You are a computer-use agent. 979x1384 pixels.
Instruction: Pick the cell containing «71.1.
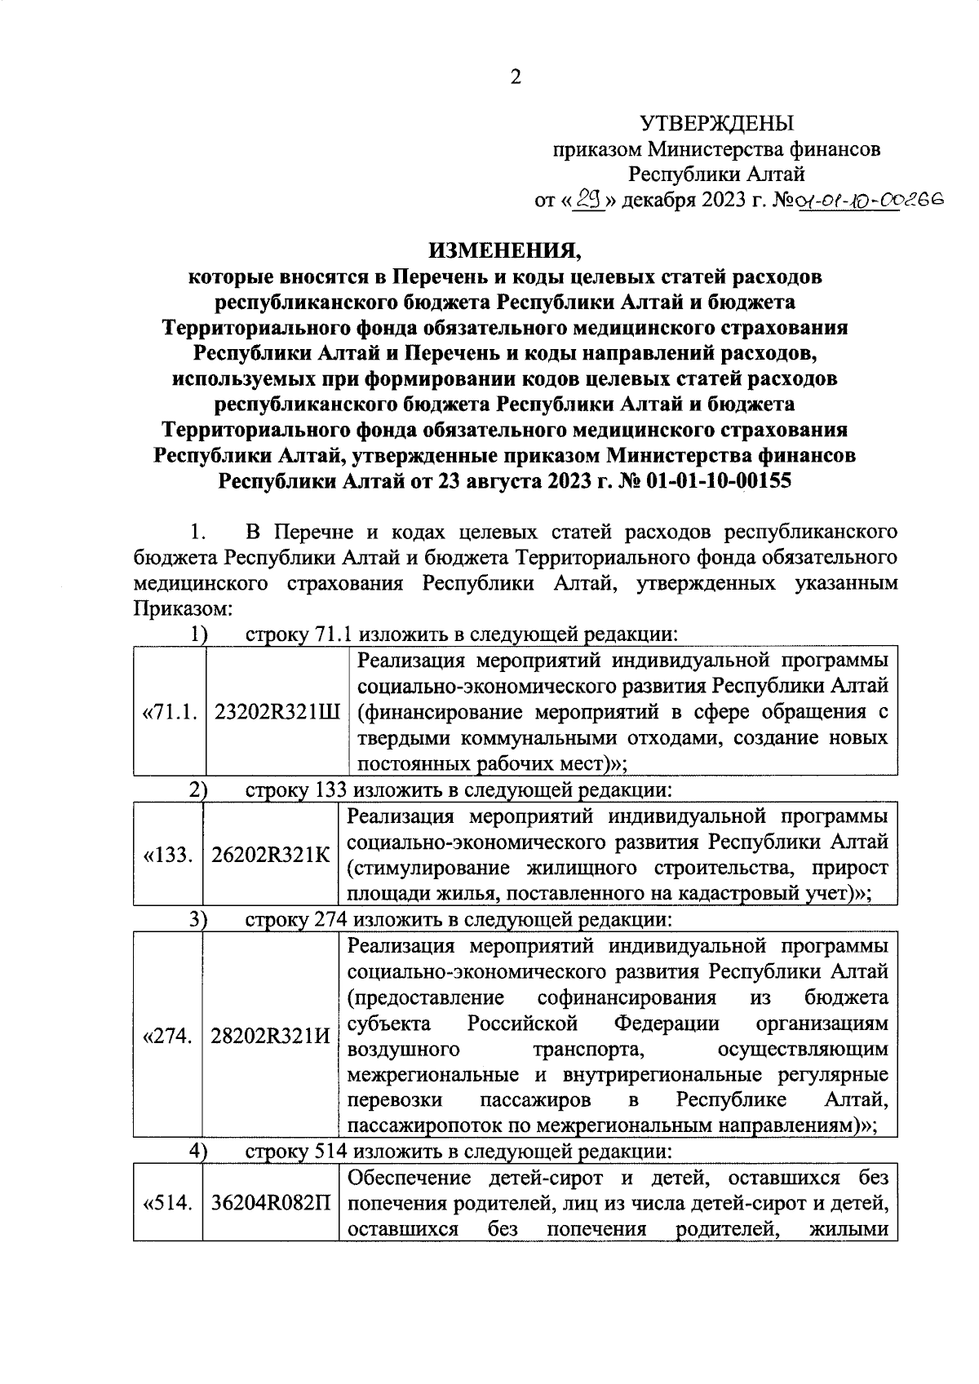(x=171, y=712)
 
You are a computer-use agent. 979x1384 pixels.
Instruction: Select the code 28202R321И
(x=271, y=1037)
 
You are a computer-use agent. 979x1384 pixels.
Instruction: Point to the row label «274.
(x=168, y=1037)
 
